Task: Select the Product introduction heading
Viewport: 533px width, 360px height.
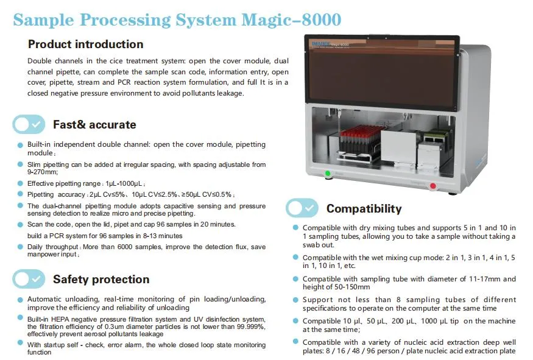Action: pyautogui.click(x=86, y=44)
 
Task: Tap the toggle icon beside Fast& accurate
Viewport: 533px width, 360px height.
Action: pyautogui.click(x=29, y=124)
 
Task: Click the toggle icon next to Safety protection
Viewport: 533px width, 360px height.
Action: pyautogui.click(x=29, y=279)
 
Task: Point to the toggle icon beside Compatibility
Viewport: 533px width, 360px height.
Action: pyautogui.click(x=302, y=208)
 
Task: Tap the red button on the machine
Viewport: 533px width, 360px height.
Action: pyautogui.click(x=433, y=186)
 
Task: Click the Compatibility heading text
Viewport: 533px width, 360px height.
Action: pyautogui.click(x=364, y=209)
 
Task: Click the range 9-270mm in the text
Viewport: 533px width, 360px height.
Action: pyautogui.click(x=40, y=172)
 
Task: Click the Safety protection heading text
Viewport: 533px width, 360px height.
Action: pyautogui.click(x=101, y=279)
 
